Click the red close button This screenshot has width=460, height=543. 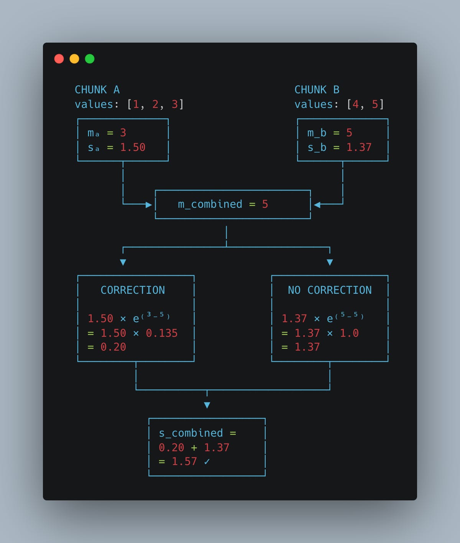(x=59, y=59)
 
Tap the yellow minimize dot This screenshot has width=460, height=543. (x=74, y=59)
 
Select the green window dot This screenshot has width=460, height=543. (x=90, y=59)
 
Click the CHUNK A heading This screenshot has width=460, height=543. (x=97, y=90)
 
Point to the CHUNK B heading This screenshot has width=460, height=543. (x=317, y=90)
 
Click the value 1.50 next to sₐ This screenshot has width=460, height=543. (x=133, y=147)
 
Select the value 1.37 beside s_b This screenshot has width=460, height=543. (x=359, y=147)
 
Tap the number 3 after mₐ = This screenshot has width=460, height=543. (x=123, y=133)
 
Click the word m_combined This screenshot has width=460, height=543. (x=210, y=204)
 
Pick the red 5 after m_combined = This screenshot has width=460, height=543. (x=265, y=204)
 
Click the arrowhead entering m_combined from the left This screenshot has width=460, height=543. (x=149, y=205)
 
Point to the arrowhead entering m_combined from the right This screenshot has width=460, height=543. (x=317, y=205)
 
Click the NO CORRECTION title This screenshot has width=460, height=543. (x=330, y=290)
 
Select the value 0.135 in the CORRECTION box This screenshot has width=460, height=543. (x=162, y=333)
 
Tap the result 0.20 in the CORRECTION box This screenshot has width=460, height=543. (x=113, y=347)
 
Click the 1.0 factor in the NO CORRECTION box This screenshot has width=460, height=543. (x=349, y=333)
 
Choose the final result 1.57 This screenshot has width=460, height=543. (x=184, y=462)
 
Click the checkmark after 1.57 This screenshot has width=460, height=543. (x=207, y=462)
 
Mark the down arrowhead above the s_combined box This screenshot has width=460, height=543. (x=207, y=405)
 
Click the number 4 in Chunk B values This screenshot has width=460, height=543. (x=356, y=104)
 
